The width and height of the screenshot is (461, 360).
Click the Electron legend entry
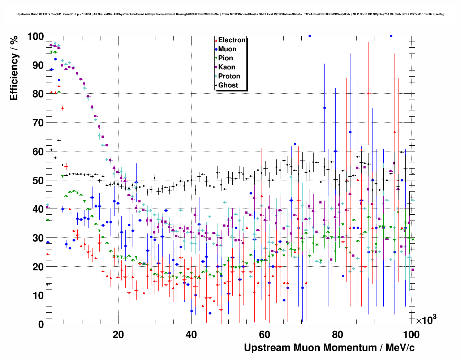click(x=232, y=40)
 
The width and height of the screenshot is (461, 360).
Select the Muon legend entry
click(x=227, y=49)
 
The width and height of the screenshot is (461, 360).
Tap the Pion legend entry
click(x=225, y=58)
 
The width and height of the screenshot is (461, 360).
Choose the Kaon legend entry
click(x=227, y=67)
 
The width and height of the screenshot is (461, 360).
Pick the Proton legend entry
click(x=229, y=76)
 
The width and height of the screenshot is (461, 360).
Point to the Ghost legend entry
click(x=228, y=85)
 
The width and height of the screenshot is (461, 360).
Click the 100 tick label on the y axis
click(x=35, y=37)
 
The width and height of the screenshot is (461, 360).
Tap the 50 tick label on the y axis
click(x=38, y=180)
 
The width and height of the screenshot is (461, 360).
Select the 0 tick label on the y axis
click(x=41, y=324)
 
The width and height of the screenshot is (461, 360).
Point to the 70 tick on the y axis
click(x=38, y=123)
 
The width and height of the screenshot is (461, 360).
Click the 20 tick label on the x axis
click(x=118, y=334)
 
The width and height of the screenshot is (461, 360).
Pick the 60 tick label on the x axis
click(x=265, y=334)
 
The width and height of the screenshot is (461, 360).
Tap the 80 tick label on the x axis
click(x=338, y=334)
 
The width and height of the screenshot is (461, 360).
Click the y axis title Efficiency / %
click(x=14, y=69)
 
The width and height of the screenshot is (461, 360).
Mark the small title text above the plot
click(x=230, y=14)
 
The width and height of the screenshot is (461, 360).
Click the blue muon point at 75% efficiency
click(x=324, y=108)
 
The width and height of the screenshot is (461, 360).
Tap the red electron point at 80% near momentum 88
click(x=369, y=94)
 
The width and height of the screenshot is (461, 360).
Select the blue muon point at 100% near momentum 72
click(x=310, y=36)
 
